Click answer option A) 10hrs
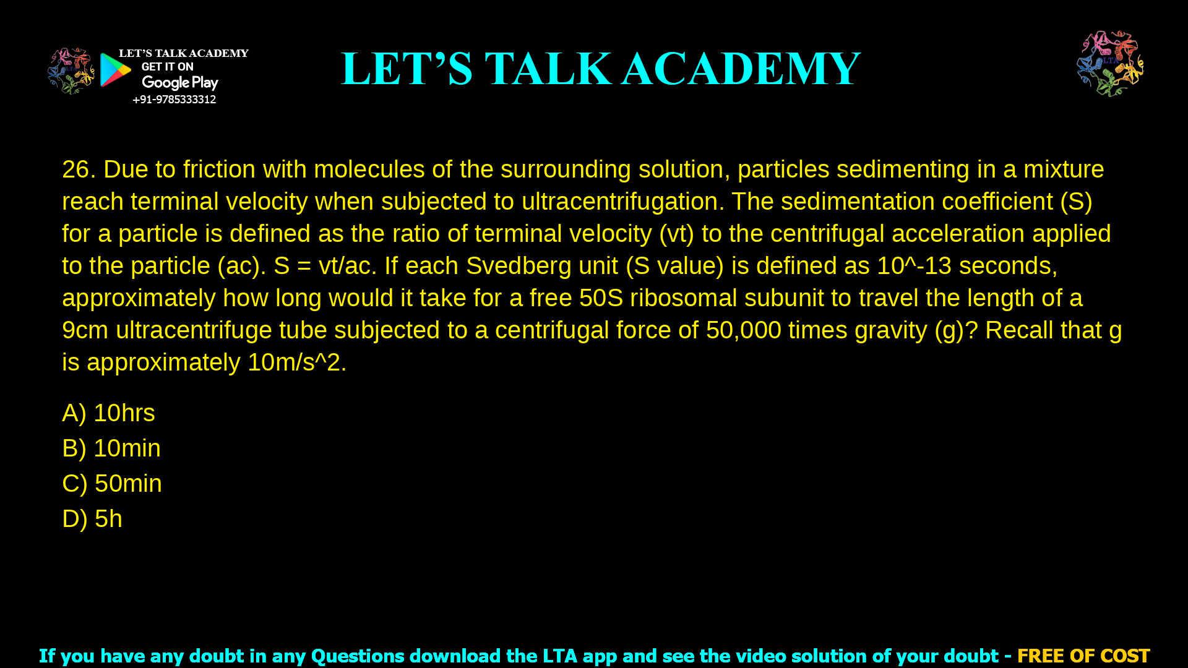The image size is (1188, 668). (108, 413)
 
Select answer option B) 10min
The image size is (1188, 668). (111, 448)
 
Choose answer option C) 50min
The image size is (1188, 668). (112, 484)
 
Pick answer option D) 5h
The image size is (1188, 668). (92, 519)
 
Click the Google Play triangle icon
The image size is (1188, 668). (115, 70)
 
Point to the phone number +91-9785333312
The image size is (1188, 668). (174, 100)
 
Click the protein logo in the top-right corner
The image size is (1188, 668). (1110, 64)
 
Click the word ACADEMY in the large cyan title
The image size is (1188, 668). (741, 69)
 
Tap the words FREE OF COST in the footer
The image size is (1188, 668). (1083, 656)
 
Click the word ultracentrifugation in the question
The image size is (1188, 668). (622, 202)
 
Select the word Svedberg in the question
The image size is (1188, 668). (519, 266)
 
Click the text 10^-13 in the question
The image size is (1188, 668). (914, 266)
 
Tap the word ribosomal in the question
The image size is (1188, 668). (683, 298)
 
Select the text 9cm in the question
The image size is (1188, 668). (85, 330)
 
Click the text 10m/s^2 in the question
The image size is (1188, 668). (294, 362)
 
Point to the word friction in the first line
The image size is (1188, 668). (219, 169)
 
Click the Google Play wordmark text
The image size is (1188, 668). (180, 83)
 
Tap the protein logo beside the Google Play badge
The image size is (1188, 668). (71, 71)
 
